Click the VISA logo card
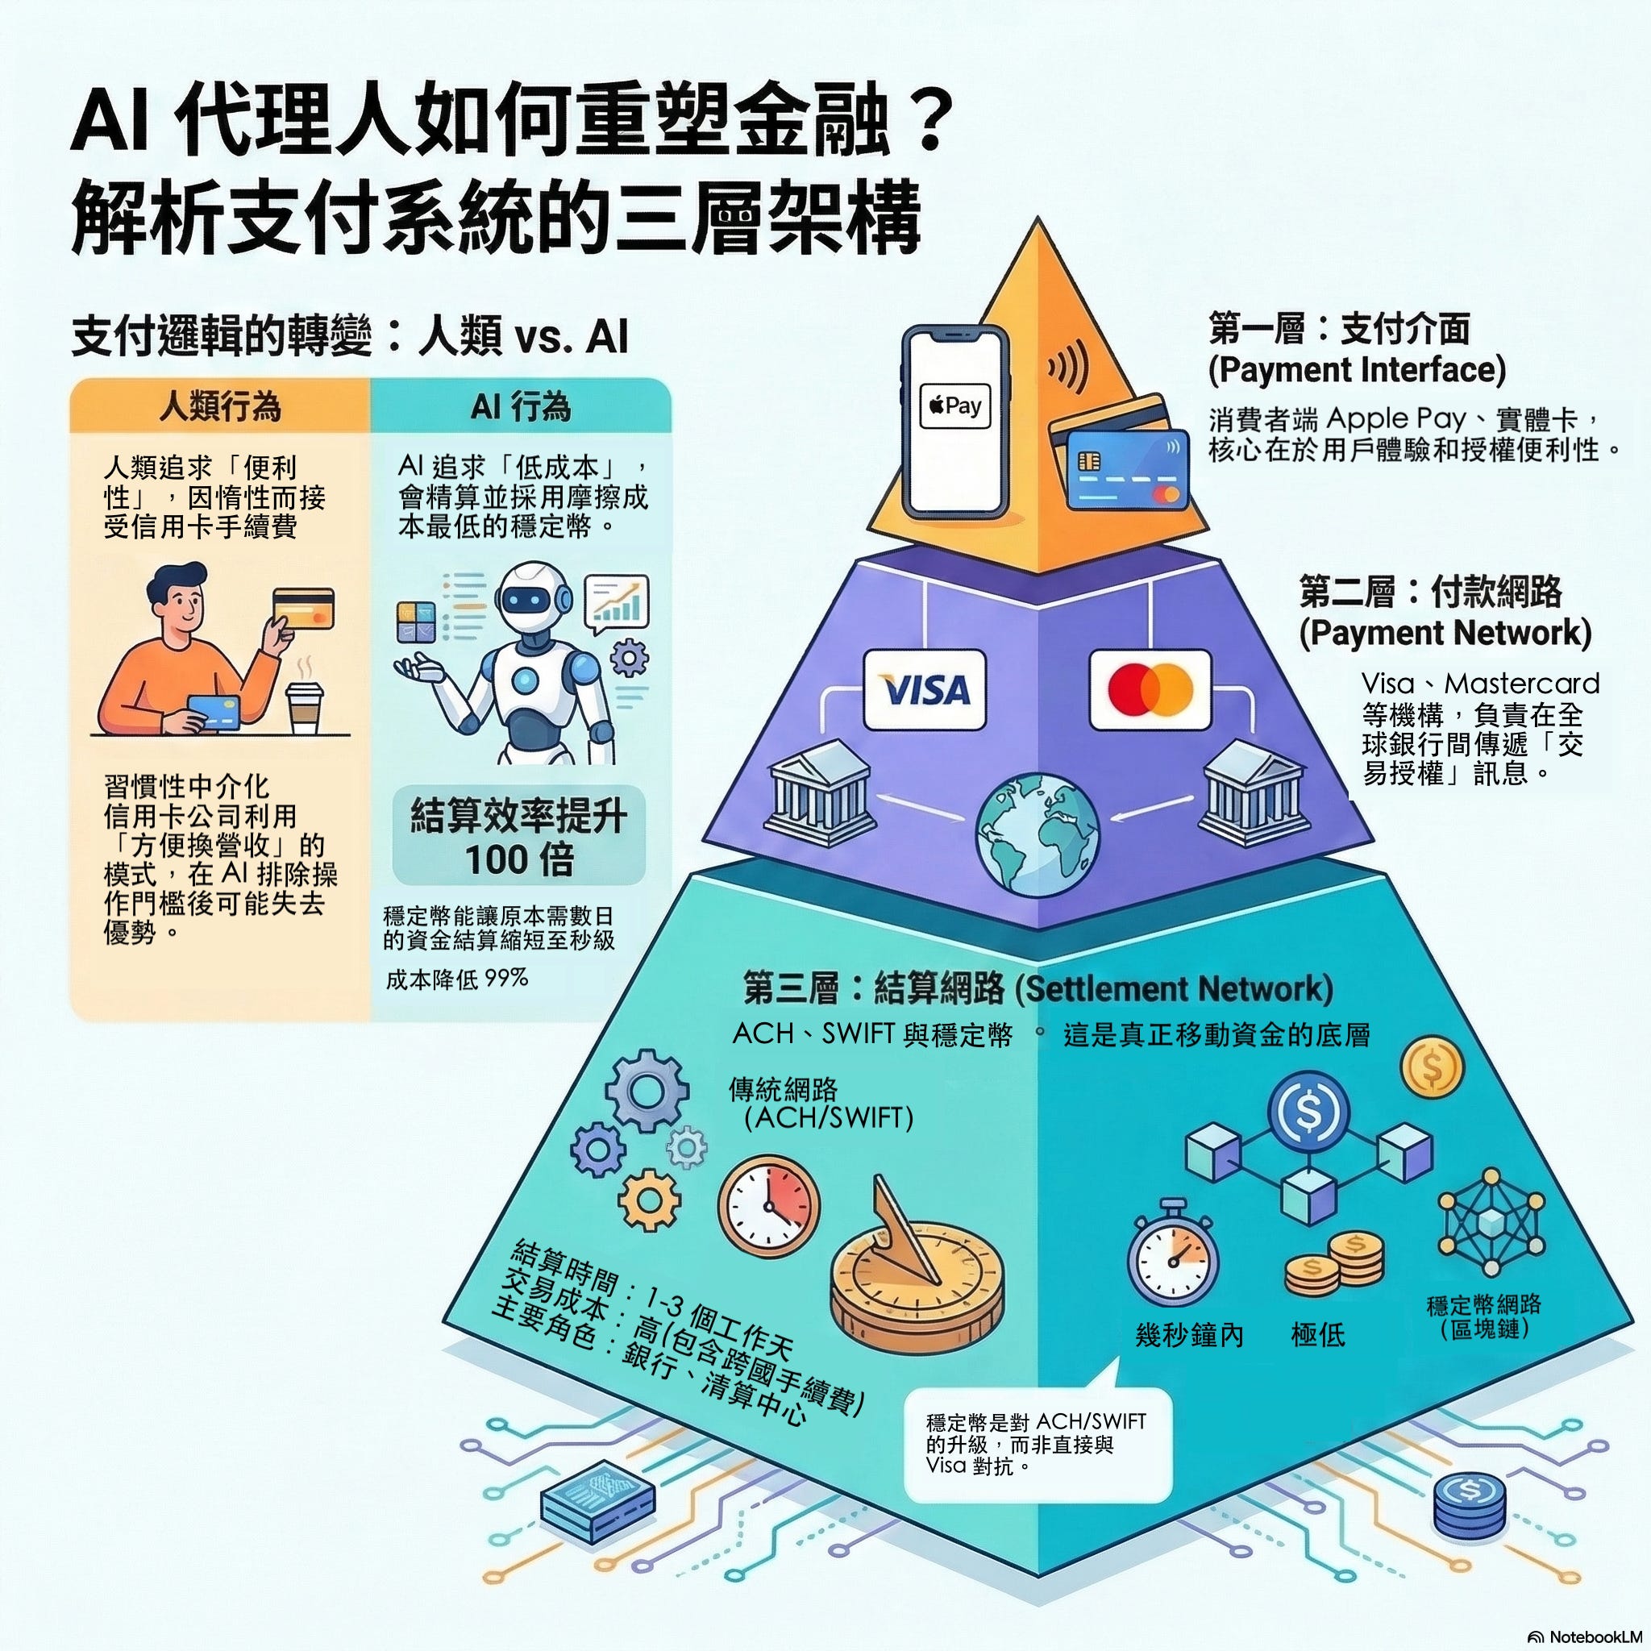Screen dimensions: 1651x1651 click(924, 689)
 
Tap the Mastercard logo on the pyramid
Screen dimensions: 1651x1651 click(1150, 689)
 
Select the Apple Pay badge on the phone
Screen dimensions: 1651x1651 click(954, 406)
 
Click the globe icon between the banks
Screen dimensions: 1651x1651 click(1038, 834)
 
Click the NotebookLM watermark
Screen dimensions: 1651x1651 click(1589, 1636)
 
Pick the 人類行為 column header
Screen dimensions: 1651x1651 click(220, 406)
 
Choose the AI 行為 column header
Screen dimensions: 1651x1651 click(521, 406)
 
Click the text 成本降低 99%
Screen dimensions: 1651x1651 click(456, 979)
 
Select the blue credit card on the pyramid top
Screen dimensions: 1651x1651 click(1128, 468)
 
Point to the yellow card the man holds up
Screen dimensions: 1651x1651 click(302, 609)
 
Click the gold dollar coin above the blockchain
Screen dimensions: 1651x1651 click(1433, 1067)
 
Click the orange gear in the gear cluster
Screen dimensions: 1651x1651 click(650, 1200)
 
